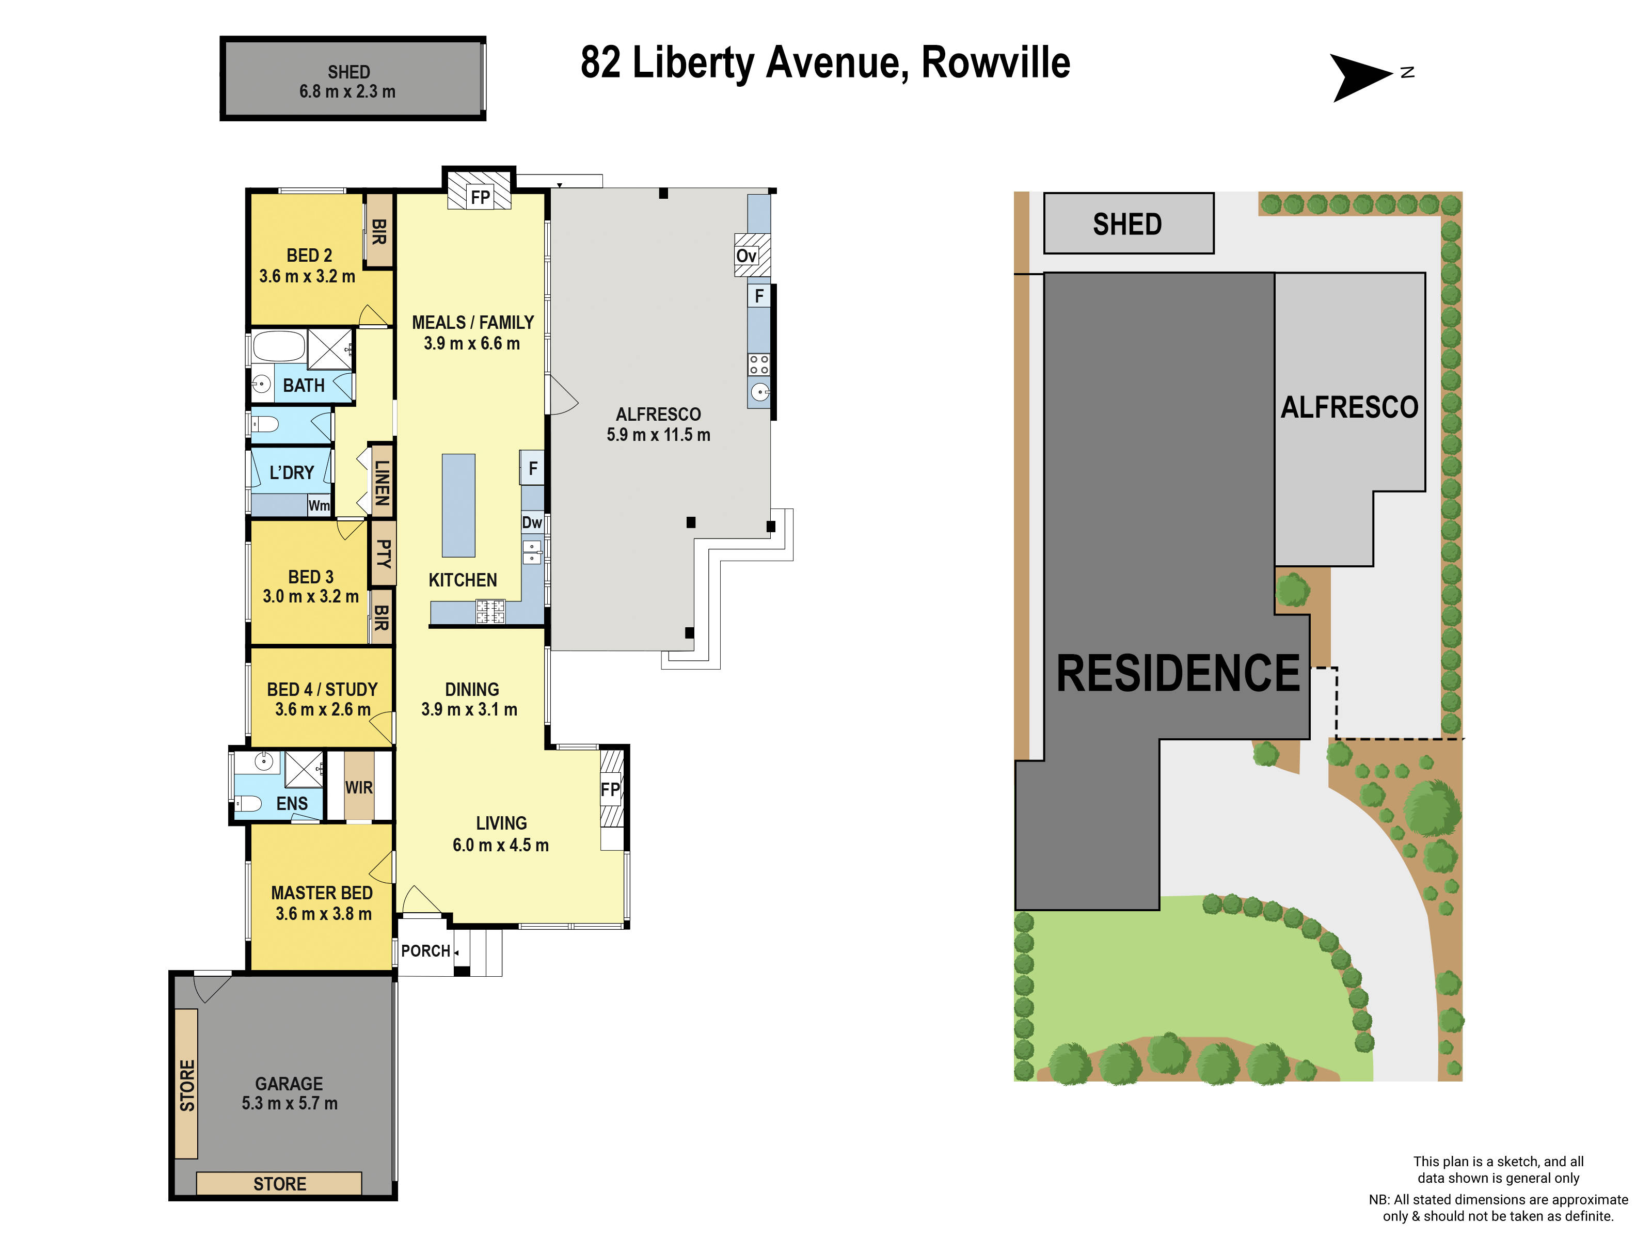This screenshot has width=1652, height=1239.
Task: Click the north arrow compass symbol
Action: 1361,77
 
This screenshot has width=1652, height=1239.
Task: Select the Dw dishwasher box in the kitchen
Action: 532,522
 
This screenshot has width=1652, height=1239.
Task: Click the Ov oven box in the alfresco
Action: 747,256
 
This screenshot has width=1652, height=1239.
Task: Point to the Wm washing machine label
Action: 319,505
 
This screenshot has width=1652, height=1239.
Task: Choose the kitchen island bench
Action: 458,505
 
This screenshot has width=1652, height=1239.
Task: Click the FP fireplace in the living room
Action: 611,789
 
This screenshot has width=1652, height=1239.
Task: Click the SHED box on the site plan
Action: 1127,224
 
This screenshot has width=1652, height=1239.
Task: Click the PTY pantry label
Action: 383,553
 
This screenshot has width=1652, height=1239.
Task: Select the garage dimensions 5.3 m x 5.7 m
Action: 289,1103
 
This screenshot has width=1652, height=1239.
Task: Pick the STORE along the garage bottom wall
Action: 279,1183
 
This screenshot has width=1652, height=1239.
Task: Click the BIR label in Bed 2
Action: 378,231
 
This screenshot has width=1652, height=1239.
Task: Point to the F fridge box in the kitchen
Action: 532,468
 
